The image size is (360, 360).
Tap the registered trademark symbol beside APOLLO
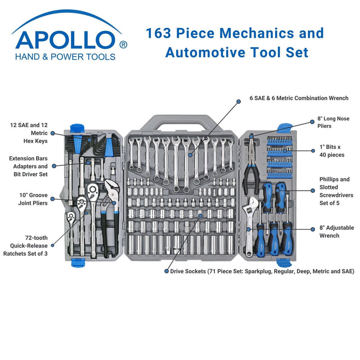[123, 43]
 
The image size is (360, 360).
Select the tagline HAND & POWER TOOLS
[66, 57]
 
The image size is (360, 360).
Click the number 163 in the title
[159, 33]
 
